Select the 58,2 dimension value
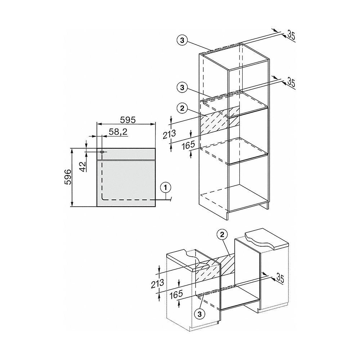click(118, 132)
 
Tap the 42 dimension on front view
click(82, 167)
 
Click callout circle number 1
click(165, 187)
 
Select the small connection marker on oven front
click(102, 152)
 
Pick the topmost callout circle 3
click(183, 41)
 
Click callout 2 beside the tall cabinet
click(183, 107)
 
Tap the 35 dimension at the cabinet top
click(292, 35)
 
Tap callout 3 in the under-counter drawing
click(200, 313)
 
